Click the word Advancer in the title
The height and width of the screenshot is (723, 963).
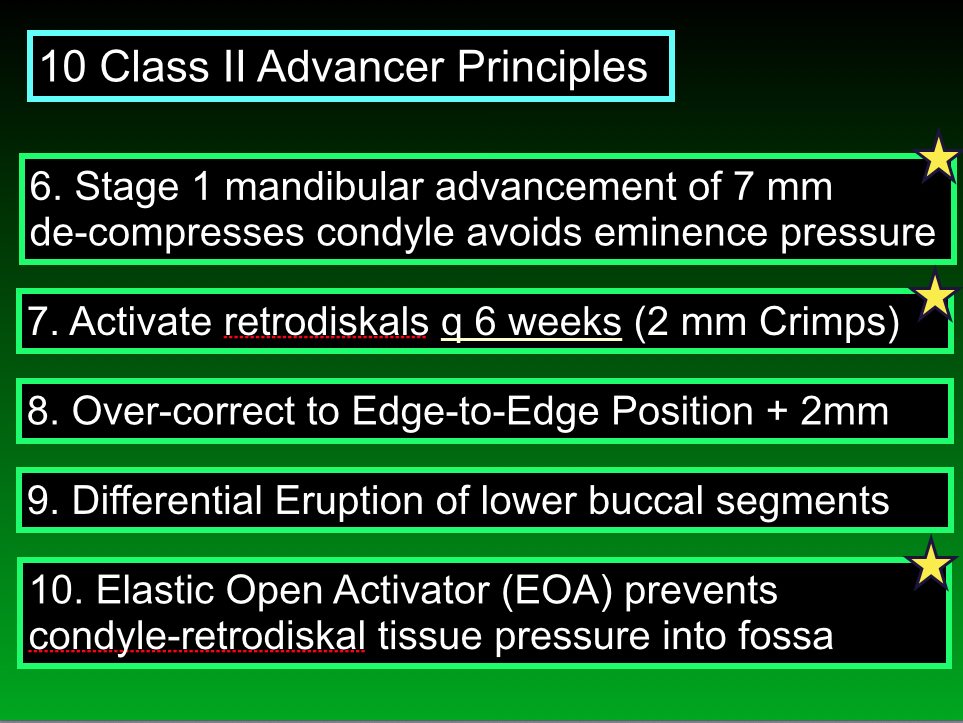click(x=350, y=66)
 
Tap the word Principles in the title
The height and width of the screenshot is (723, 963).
click(x=552, y=68)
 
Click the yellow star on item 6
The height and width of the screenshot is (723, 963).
click(x=938, y=157)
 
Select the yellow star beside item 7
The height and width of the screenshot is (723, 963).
click(x=935, y=296)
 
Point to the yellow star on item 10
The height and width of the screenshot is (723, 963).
click(x=931, y=563)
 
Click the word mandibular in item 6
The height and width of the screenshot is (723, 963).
click(x=324, y=186)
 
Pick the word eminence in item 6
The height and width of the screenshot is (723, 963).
click(x=680, y=232)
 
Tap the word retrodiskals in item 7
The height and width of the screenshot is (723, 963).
click(x=326, y=321)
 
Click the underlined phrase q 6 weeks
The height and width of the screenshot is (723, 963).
click(x=531, y=322)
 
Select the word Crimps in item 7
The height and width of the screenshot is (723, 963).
click(x=822, y=322)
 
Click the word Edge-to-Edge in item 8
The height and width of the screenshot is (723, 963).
click(x=475, y=411)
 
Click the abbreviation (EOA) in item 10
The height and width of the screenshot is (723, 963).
click(x=557, y=591)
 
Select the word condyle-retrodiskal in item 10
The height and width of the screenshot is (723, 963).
click(x=197, y=636)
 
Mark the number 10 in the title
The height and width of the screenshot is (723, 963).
click(x=63, y=66)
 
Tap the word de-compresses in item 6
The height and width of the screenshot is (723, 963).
click(x=166, y=233)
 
